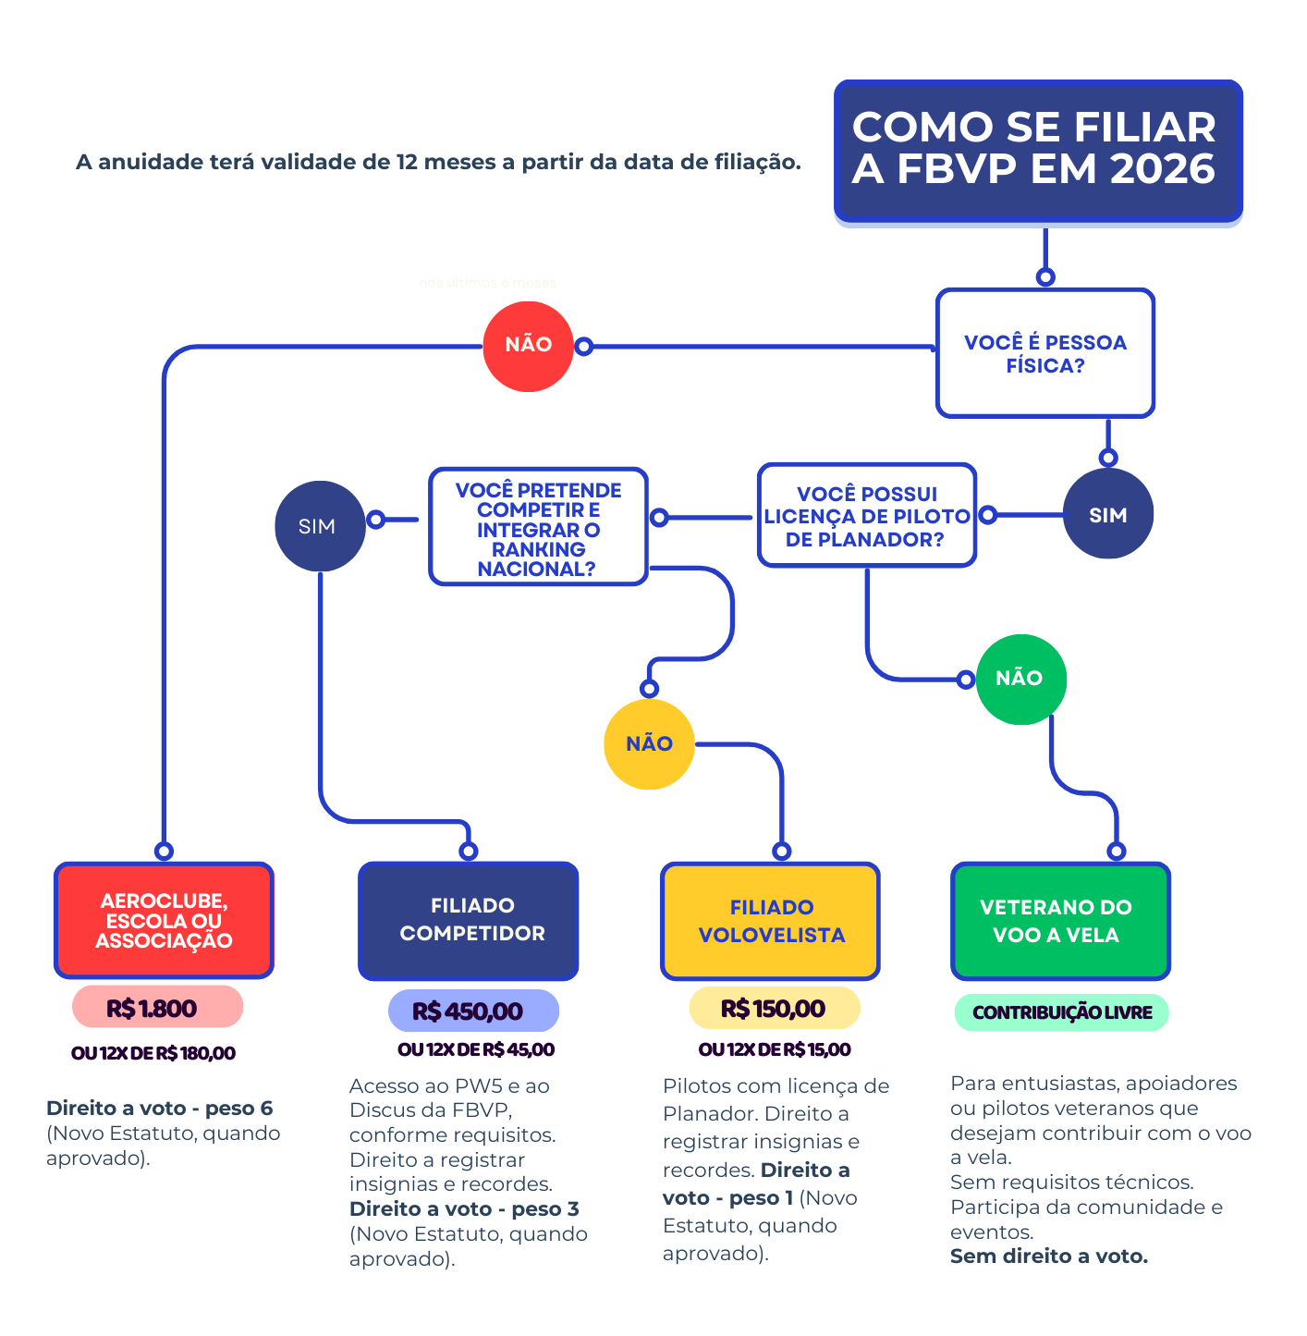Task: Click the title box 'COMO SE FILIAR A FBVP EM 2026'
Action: (1037, 150)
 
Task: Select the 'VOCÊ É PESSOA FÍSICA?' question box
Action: (1044, 353)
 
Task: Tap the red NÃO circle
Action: (528, 346)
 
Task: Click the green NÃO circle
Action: (1020, 679)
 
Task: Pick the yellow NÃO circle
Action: (649, 743)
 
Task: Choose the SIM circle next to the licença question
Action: (1107, 514)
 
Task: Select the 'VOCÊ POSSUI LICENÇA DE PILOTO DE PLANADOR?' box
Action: (866, 516)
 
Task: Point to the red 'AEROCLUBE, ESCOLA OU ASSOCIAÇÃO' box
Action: (164, 920)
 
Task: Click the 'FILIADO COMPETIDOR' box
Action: (469, 920)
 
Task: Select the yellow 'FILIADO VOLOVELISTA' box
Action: (770, 921)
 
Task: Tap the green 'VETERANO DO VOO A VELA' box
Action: (1060, 921)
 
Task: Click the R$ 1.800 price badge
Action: (157, 1007)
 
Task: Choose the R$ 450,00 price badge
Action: (472, 1011)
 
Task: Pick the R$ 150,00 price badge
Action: (775, 1008)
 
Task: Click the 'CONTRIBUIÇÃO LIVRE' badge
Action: (1061, 1012)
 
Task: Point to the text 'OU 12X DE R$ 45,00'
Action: (476, 1049)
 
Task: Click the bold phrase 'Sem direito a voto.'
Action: (1048, 1256)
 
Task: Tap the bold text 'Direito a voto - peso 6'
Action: (159, 1108)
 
